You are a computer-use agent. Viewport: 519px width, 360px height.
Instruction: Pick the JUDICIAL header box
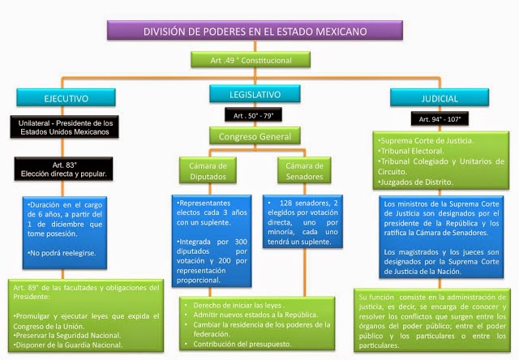(x=441, y=98)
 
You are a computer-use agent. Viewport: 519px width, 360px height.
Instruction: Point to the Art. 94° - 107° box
(x=440, y=119)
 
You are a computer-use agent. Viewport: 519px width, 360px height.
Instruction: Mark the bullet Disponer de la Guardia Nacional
(x=69, y=345)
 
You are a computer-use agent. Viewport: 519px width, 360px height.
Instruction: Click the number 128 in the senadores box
(x=286, y=202)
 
